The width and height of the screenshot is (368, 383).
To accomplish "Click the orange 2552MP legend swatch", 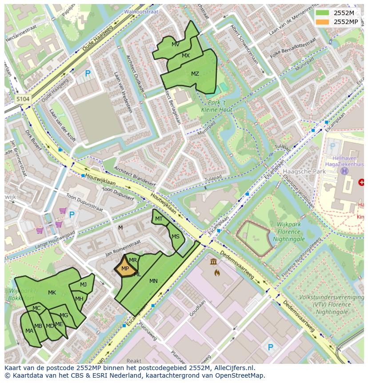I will pyautogui.click(x=323, y=22).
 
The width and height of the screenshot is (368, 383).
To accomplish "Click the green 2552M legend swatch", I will pyautogui.click(x=323, y=12).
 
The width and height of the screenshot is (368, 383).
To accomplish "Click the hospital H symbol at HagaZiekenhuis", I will pyautogui.click(x=344, y=171).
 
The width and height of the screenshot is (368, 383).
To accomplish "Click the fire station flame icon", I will pyautogui.click(x=217, y=272).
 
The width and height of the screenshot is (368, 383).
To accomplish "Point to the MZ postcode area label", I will pyautogui.click(x=195, y=74).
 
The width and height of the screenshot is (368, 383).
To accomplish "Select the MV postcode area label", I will pyautogui.click(x=176, y=44).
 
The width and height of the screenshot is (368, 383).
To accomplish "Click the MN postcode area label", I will pyautogui.click(x=153, y=281).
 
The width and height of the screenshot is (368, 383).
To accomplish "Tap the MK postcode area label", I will pyautogui.click(x=52, y=293).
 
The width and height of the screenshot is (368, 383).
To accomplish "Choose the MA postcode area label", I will pyautogui.click(x=29, y=331).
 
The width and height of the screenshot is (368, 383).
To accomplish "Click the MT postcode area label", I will pyautogui.click(x=159, y=219).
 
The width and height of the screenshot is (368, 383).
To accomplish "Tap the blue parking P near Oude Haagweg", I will pyautogui.click(x=88, y=73).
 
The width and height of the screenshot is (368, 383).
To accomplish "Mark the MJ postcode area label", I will pyautogui.click(x=83, y=285).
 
